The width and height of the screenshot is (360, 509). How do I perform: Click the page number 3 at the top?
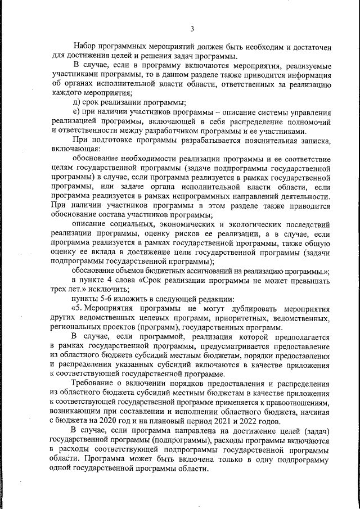(192, 29)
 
